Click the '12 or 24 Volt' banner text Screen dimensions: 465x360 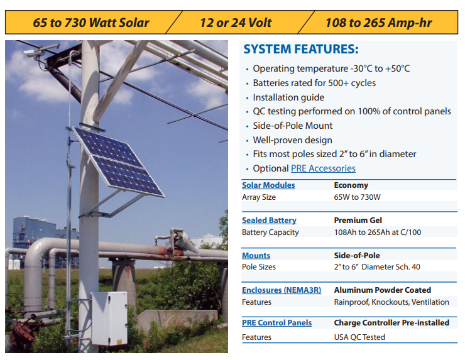tap(236, 23)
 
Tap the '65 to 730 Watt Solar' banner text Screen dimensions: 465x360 tap(90, 23)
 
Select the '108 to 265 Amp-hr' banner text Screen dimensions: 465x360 tap(379, 23)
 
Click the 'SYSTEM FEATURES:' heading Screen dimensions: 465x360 tap(301, 49)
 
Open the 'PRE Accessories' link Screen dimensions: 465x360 tap(323, 168)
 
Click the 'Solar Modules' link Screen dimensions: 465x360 tap(268, 185)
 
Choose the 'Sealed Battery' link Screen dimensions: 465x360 tap(269, 221)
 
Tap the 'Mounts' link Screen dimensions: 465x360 tap(256, 255)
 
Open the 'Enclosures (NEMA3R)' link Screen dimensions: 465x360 tap(282, 290)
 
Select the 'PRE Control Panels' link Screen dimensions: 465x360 tap(276, 323)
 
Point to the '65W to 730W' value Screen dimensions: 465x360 tap(357, 197)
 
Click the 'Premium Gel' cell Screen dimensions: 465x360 tap(358, 221)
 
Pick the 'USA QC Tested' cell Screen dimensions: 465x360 tap(359, 337)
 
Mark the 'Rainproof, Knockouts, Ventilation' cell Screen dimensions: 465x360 tap(391, 302)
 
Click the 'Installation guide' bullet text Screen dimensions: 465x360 tap(288, 97)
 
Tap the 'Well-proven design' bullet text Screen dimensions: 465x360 tap(292, 140)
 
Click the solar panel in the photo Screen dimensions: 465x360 tap(119, 161)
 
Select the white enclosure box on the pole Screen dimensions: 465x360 tap(109, 318)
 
